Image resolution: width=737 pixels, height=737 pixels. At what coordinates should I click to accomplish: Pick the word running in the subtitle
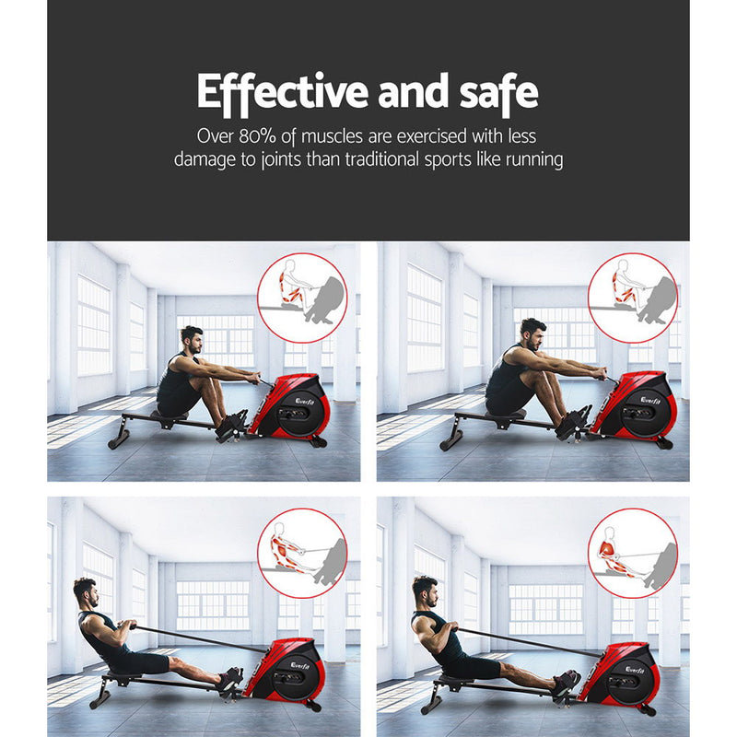(x=528, y=159)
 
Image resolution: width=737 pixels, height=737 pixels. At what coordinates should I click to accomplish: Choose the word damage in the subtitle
(x=208, y=159)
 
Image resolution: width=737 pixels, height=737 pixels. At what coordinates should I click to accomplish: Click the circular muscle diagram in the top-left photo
(x=301, y=291)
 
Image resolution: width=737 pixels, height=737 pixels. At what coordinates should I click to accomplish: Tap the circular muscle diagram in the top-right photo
(x=632, y=291)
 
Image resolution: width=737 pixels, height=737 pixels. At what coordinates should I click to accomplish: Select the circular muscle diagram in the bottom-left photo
(x=301, y=554)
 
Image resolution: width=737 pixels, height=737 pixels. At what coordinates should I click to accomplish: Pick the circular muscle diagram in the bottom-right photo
(x=632, y=554)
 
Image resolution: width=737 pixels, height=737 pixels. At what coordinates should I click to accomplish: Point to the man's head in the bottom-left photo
(x=86, y=591)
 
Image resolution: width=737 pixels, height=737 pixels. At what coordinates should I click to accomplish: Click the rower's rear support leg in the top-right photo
(x=450, y=439)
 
